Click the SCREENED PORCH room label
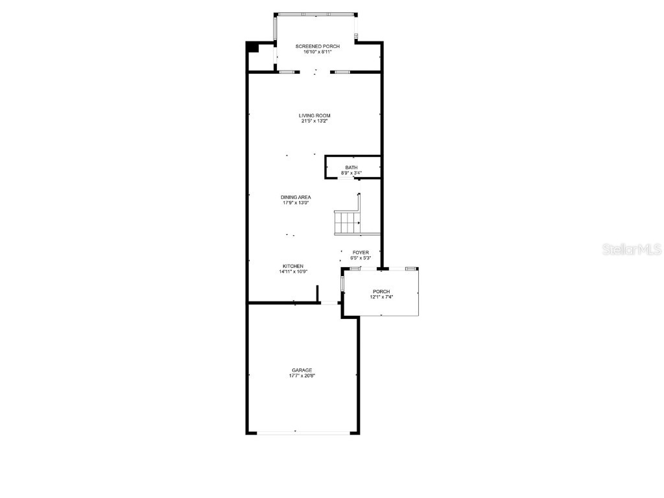click(317, 47)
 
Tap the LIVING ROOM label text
click(314, 115)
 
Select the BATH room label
click(351, 167)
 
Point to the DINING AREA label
click(296, 197)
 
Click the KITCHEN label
click(293, 266)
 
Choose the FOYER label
click(361, 252)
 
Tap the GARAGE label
click(302, 370)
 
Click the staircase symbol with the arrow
click(348, 222)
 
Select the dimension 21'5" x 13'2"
click(314, 121)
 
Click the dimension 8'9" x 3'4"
click(351, 173)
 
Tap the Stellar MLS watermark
click(632, 249)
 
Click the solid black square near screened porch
click(252, 47)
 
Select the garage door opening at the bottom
click(302, 433)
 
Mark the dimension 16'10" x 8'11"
click(317, 53)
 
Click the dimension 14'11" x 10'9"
click(293, 272)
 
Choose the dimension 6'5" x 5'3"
click(361, 258)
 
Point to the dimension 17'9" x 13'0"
click(296, 203)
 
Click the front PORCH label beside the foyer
click(381, 291)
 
